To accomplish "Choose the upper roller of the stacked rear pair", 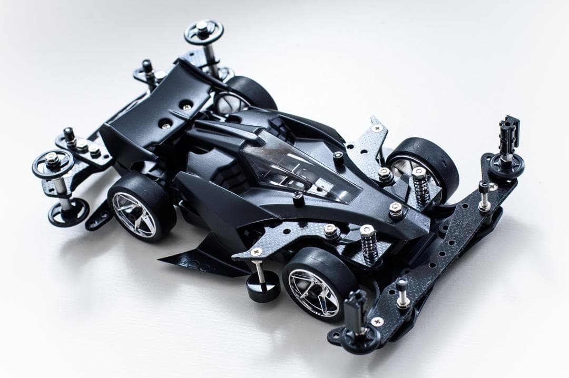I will pyautogui.click(x=53, y=163).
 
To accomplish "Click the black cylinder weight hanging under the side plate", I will pyautogui.click(x=262, y=288).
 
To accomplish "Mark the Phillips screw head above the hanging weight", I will pyautogui.click(x=257, y=251).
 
